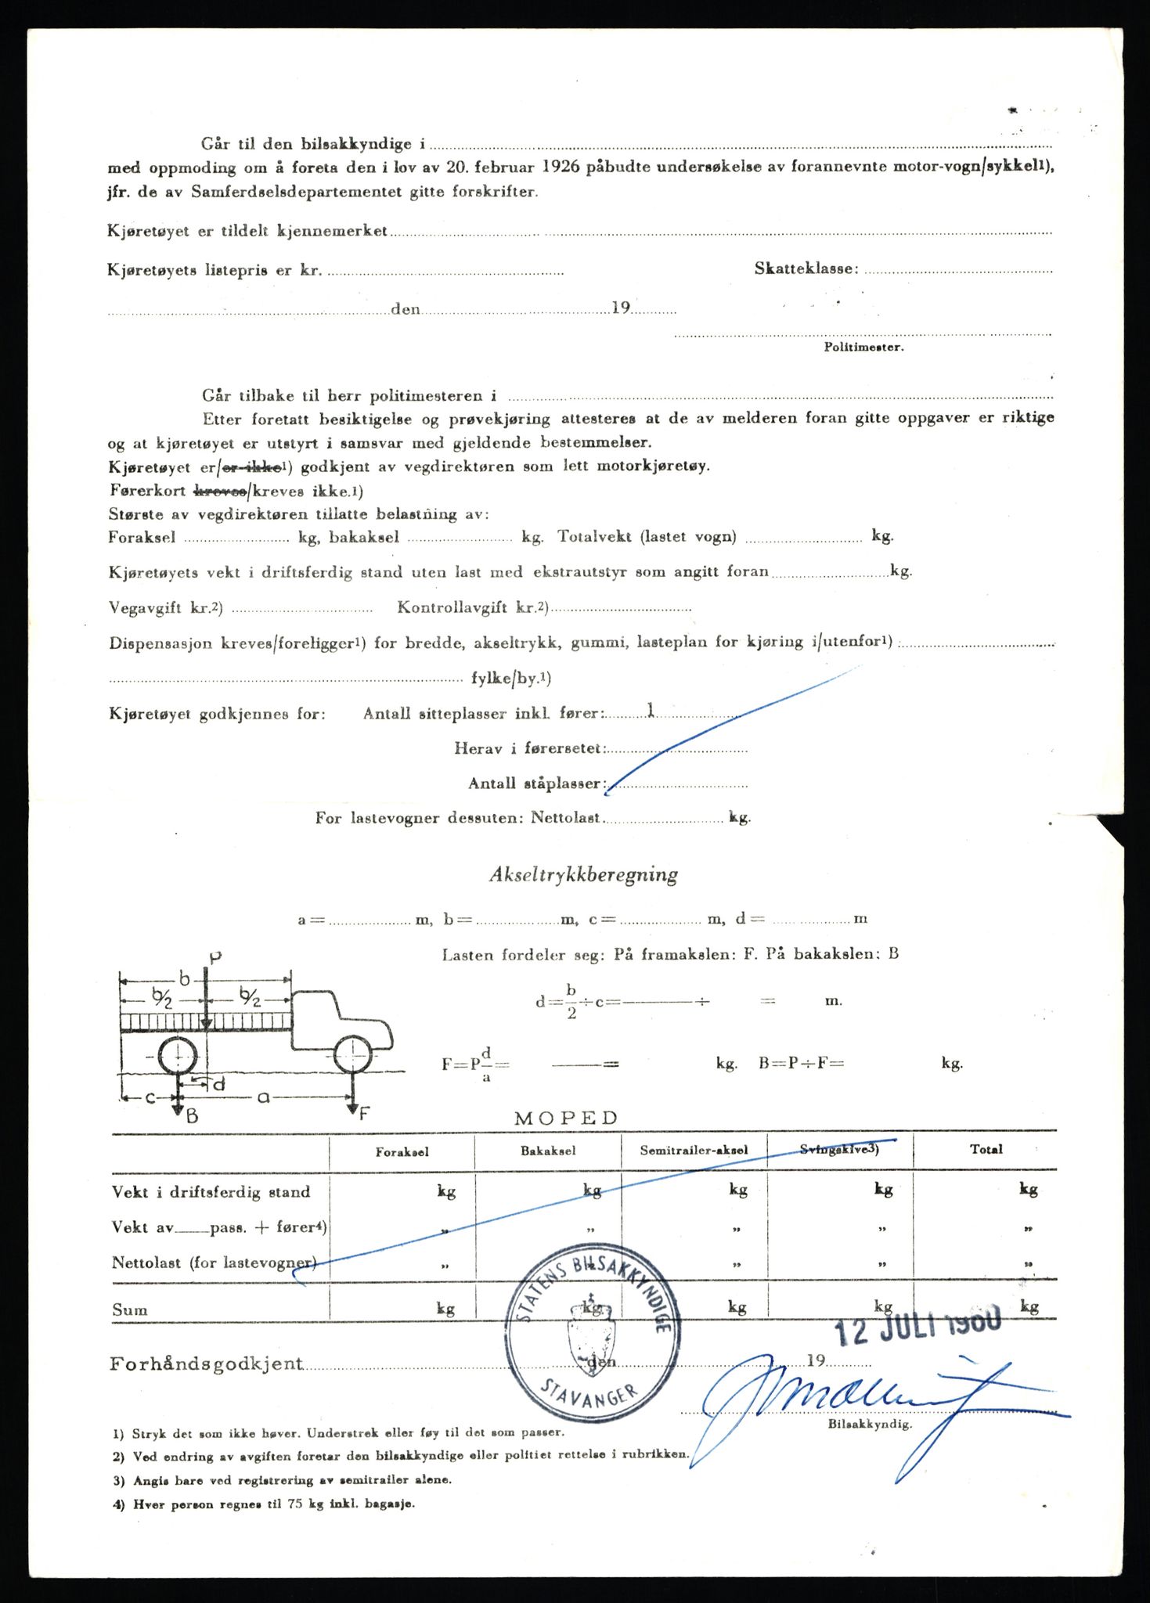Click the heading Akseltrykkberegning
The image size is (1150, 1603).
tap(583, 875)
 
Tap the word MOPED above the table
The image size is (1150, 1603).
tap(566, 1118)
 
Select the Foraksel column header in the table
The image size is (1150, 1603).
tap(402, 1151)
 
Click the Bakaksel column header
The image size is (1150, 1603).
tap(548, 1151)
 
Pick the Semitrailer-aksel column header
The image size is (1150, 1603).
tap(694, 1151)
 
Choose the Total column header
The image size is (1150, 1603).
tap(986, 1149)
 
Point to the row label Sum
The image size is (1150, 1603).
tap(130, 1309)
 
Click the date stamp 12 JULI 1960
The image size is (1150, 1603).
tap(917, 1324)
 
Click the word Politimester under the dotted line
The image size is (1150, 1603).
tap(863, 347)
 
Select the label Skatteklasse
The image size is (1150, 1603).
tap(806, 268)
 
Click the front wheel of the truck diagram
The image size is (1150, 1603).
tap(352, 1055)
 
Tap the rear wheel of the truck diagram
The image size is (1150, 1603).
tap(178, 1057)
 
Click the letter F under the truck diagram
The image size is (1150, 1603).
tap(363, 1114)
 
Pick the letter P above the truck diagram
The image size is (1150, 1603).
tap(216, 956)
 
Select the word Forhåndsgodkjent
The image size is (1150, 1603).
tap(206, 1364)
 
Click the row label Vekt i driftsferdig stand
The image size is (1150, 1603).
tap(211, 1192)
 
